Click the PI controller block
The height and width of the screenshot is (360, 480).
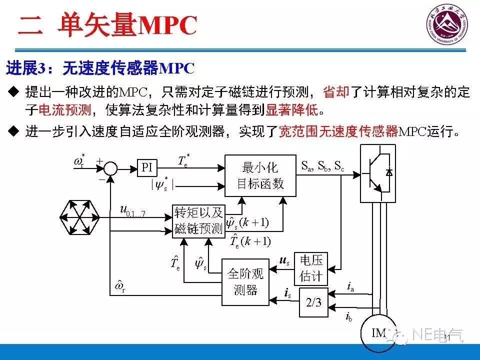click(x=146, y=167)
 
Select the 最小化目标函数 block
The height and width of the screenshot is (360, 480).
click(x=260, y=175)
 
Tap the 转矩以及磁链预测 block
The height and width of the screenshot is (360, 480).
click(x=198, y=220)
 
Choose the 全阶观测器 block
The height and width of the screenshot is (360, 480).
click(x=245, y=282)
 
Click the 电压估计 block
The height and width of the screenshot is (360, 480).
click(x=311, y=268)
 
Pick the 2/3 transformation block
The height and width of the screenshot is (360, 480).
click(x=313, y=302)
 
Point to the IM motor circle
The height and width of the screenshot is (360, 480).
click(x=378, y=332)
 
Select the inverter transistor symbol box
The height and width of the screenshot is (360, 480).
click(x=378, y=173)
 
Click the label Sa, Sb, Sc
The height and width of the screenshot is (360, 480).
click(x=322, y=166)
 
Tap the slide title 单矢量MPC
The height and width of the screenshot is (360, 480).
click(x=127, y=25)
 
